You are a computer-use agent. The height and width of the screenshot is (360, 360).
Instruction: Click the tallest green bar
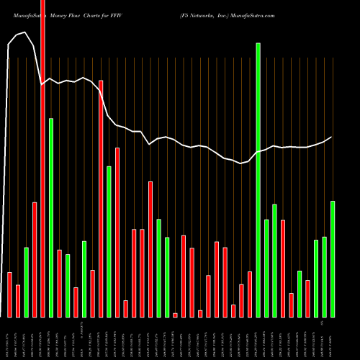tap(258, 180)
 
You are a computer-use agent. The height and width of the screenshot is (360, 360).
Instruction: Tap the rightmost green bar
tap(333, 258)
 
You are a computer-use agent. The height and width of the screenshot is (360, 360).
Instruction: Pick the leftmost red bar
tap(9, 294)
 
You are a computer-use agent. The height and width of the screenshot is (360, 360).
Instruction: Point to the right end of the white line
tap(332, 137)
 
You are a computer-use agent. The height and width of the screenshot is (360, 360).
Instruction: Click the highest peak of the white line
tap(26, 32)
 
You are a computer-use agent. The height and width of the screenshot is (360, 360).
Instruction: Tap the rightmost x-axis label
tap(333, 338)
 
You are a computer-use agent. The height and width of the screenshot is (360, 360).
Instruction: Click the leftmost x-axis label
tap(9, 338)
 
